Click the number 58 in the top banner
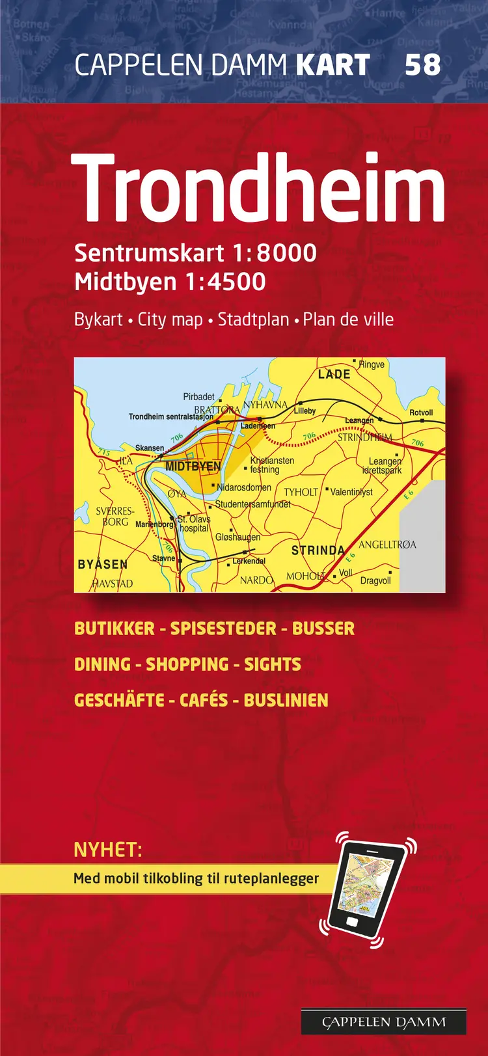422,65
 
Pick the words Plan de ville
348,319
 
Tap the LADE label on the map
334,374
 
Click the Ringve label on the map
372,365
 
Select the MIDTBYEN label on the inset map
193,467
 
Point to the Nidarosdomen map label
244,487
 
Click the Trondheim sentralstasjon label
170,416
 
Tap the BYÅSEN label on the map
103,564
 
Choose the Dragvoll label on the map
375,580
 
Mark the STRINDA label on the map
318,550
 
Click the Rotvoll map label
421,413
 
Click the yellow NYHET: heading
108,850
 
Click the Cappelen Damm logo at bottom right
384,1022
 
